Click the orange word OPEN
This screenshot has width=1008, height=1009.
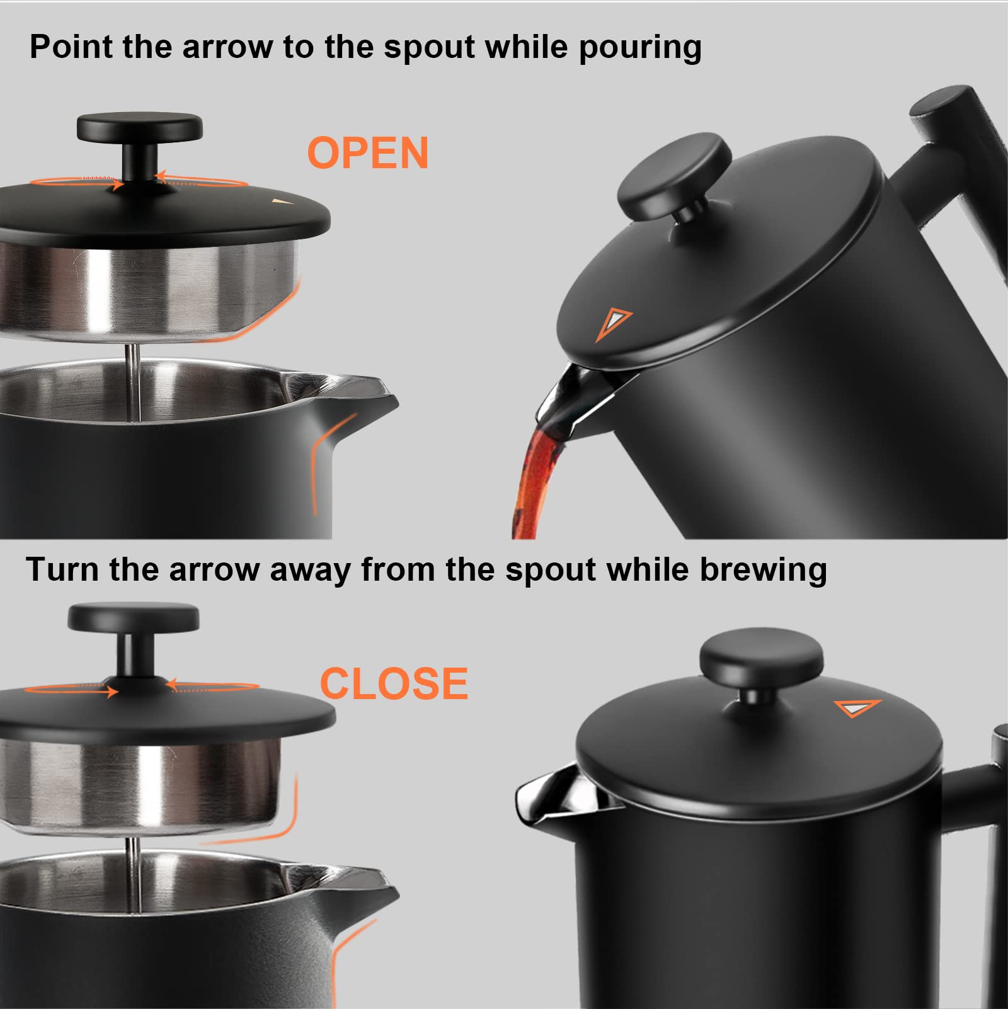click(x=368, y=153)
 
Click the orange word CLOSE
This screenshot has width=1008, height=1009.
click(x=394, y=683)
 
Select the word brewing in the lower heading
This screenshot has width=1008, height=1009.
click(x=763, y=570)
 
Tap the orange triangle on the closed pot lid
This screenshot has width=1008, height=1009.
click(x=856, y=707)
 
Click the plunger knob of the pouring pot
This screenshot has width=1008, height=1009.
click(x=674, y=174)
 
